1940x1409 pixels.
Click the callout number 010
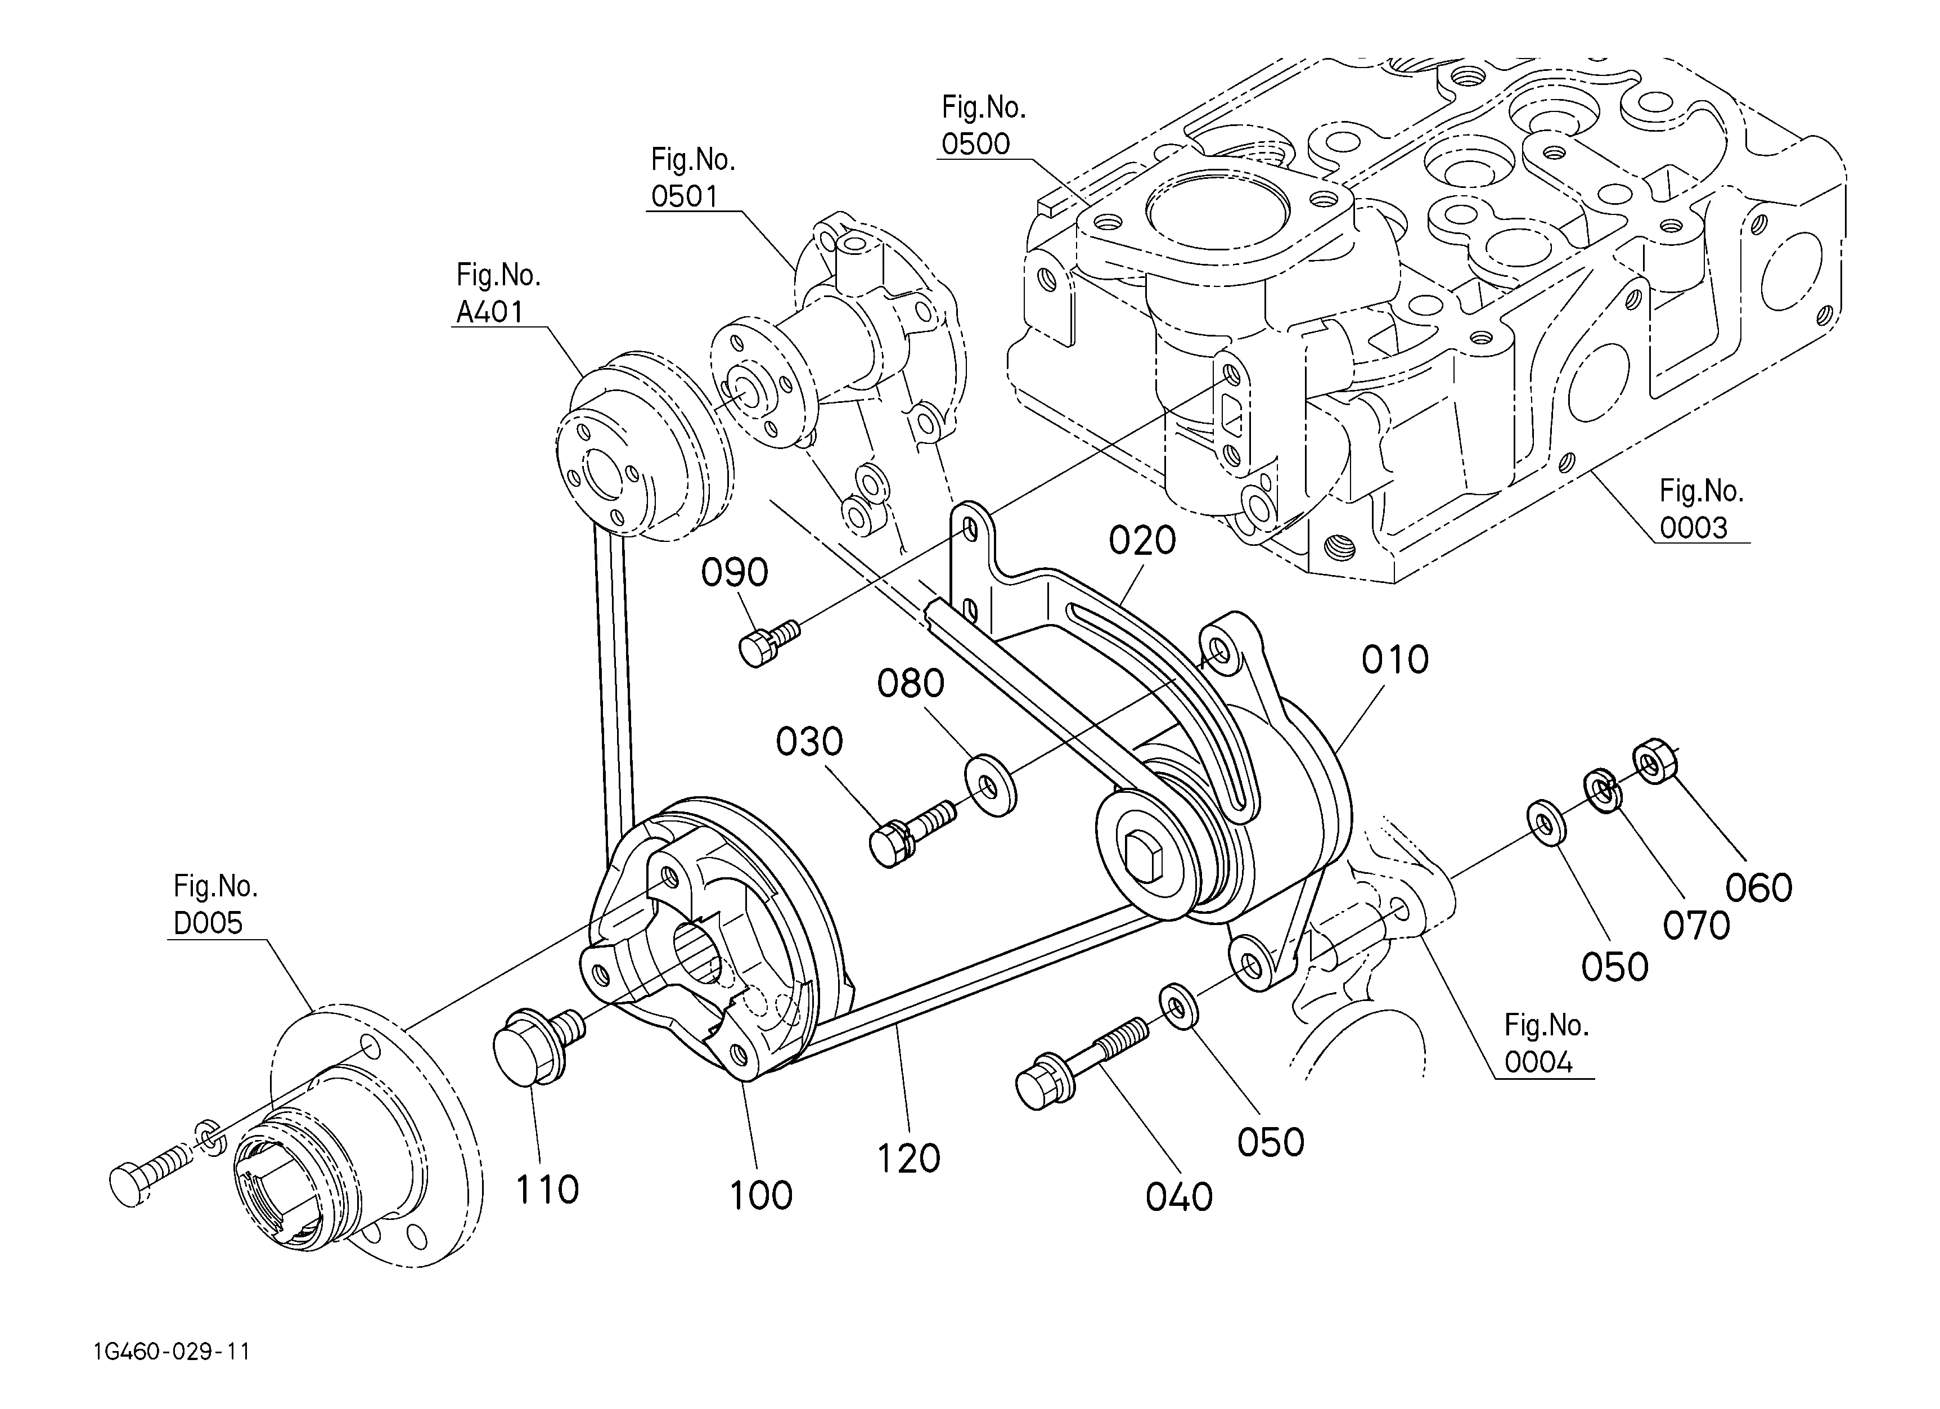click(x=1395, y=661)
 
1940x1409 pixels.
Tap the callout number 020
click(x=1143, y=541)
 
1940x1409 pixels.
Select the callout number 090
click(x=735, y=573)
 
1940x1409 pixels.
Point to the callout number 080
click(x=911, y=684)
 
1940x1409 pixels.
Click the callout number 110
click(x=547, y=1190)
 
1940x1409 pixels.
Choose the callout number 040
click(x=1180, y=1197)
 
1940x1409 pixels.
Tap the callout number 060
click(x=1759, y=889)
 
